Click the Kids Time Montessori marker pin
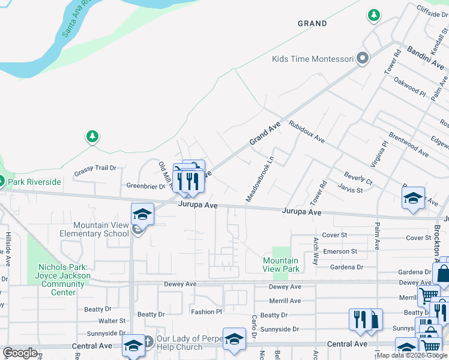pyautogui.click(x=362, y=59)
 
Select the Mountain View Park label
pyautogui.click(x=281, y=265)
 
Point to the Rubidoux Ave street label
pyautogui.click(x=306, y=131)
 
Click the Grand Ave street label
pyautogui.click(x=265, y=133)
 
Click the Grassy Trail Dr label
pyautogui.click(x=95, y=169)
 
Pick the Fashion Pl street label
pyautogui.click(x=206, y=312)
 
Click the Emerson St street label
pyautogui.click(x=340, y=251)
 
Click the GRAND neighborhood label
pyautogui.click(x=313, y=23)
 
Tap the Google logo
pyautogui.click(x=20, y=353)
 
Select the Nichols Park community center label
pyautogui.click(x=64, y=280)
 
